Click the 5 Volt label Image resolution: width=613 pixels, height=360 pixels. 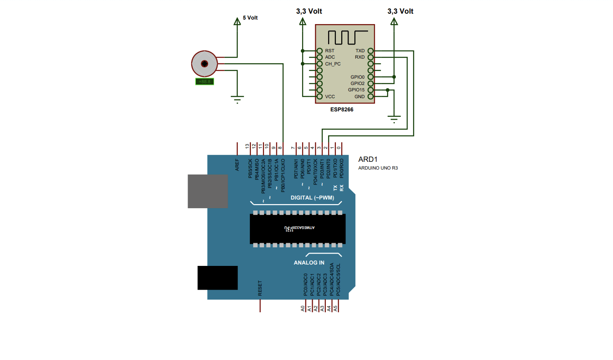tap(250, 18)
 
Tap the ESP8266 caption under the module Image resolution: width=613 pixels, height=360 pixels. tap(342, 110)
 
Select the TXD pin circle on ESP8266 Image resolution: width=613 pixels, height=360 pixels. tap(371, 51)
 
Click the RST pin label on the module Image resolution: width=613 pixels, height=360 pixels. tap(329, 51)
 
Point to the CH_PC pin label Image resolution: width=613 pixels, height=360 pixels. tap(333, 64)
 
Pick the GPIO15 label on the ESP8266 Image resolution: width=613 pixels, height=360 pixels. tap(356, 90)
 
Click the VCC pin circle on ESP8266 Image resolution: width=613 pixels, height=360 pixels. tap(319, 97)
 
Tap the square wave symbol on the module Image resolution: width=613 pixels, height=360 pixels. tap(348, 37)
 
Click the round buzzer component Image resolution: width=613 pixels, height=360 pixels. tap(204, 64)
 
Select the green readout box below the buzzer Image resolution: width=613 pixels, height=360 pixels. tap(204, 82)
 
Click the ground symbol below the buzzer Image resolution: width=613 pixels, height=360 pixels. tap(237, 98)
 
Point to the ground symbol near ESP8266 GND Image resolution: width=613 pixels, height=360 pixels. tap(394, 119)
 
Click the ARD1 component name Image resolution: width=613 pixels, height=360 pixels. tap(368, 160)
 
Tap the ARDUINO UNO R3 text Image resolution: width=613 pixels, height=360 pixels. tap(378, 168)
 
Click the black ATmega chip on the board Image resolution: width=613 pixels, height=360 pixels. tap(297, 229)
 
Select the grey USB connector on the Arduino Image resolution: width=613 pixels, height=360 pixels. tap(208, 191)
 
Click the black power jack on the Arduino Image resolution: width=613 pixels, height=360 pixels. tap(217, 278)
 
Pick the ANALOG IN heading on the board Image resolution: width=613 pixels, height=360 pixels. tap(309, 263)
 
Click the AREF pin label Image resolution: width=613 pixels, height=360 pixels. tap(237, 165)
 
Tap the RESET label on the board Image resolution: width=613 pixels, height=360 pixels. tap(260, 288)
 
